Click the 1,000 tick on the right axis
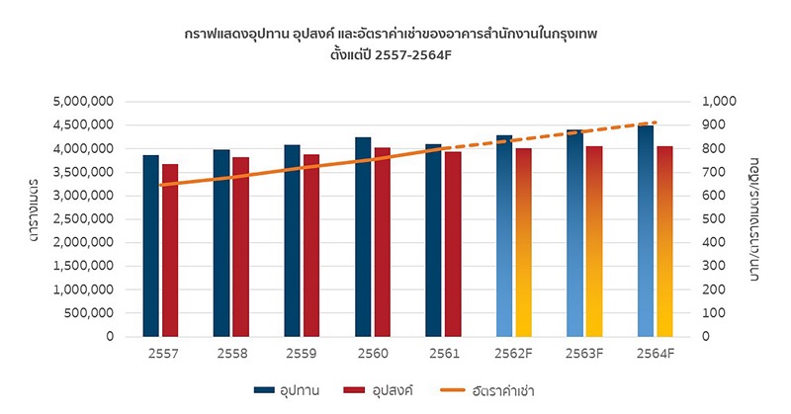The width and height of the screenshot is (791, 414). point(720,101)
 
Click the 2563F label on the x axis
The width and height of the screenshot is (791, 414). point(583,353)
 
